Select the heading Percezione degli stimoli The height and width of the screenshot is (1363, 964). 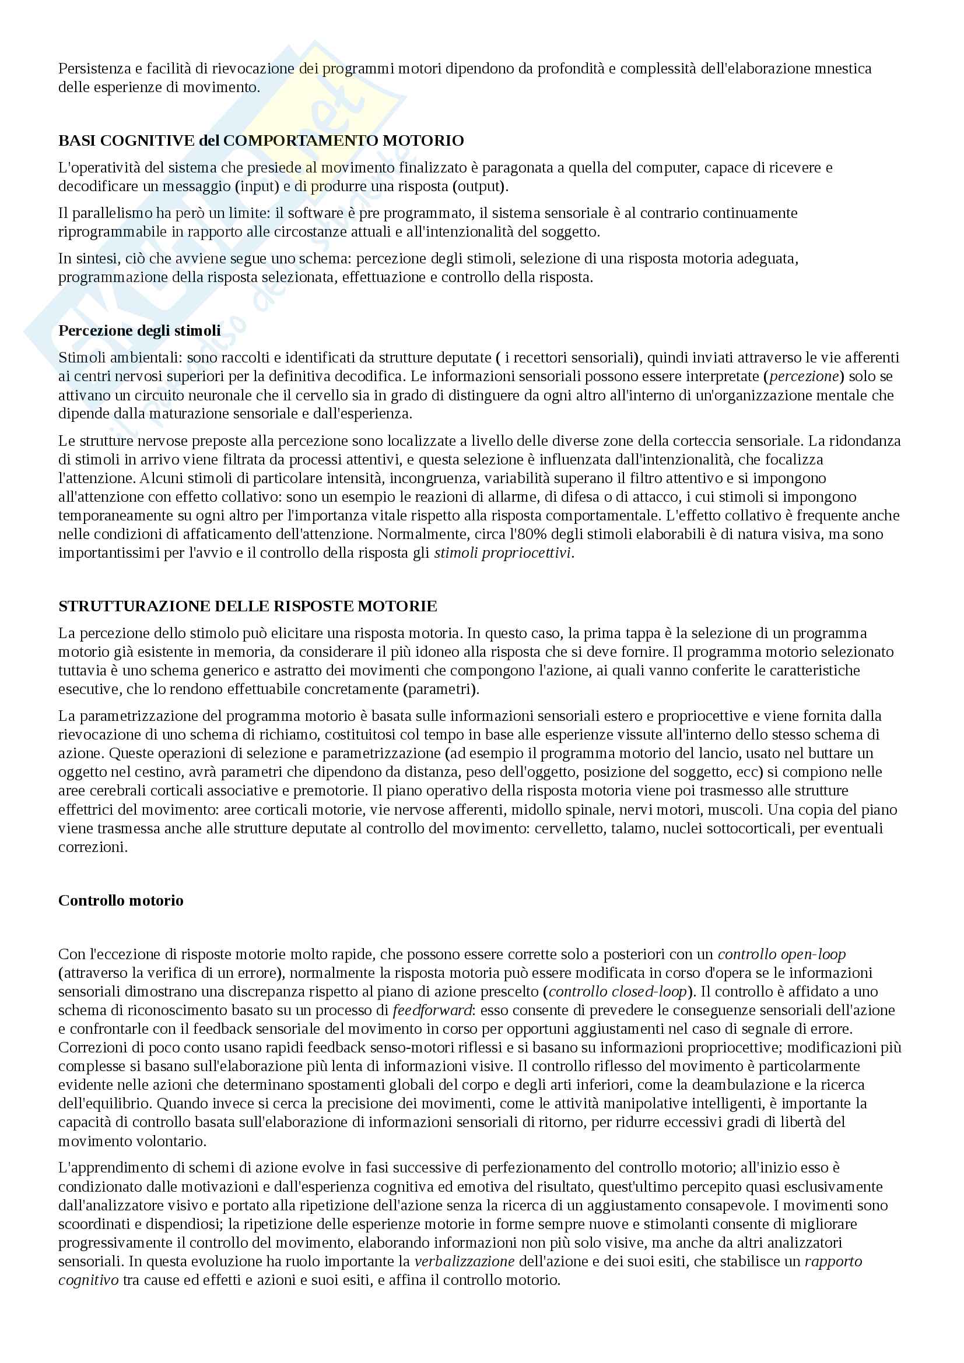pos(139,330)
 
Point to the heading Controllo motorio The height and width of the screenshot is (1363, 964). pos(121,900)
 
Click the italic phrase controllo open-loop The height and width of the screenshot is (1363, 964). pos(781,955)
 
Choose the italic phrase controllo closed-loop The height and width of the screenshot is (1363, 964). pos(618,992)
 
